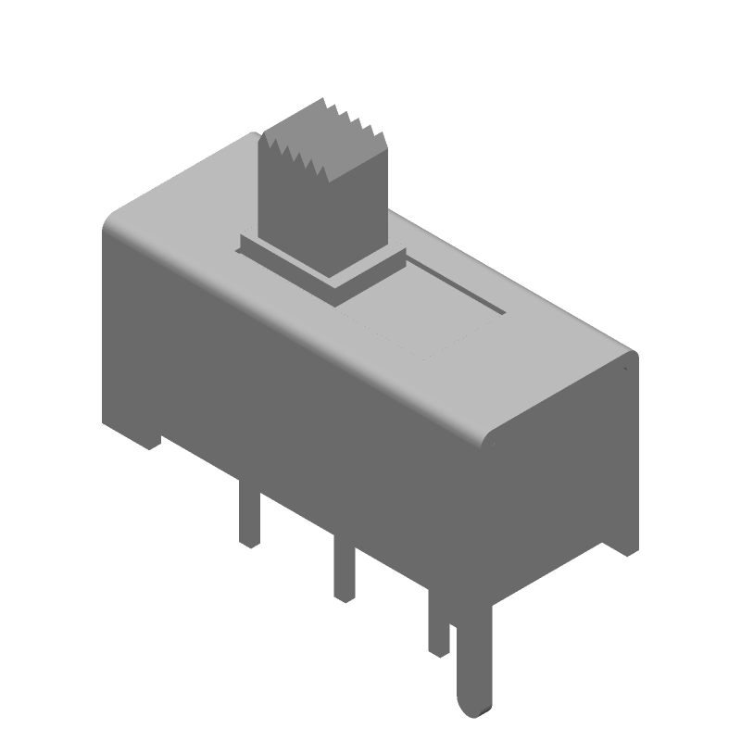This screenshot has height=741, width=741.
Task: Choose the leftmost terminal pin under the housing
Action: (x=248, y=519)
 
